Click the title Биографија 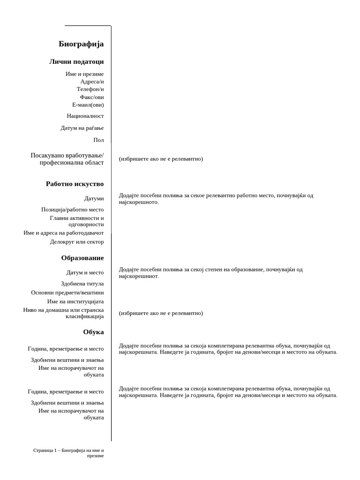[81, 44]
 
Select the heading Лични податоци [76, 61]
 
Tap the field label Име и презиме [85, 74]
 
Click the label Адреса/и [92, 81]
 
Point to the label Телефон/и [90, 89]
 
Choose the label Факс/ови [92, 97]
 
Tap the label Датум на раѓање [82, 128]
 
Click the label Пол [98, 140]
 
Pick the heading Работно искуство [75, 184]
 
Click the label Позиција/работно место [73, 210]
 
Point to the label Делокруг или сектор [77, 242]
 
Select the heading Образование [82, 258]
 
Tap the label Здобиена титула [82, 284]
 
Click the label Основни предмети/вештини [67, 292]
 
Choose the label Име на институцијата [75, 301]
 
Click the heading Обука [93, 332]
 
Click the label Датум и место [85, 272]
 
